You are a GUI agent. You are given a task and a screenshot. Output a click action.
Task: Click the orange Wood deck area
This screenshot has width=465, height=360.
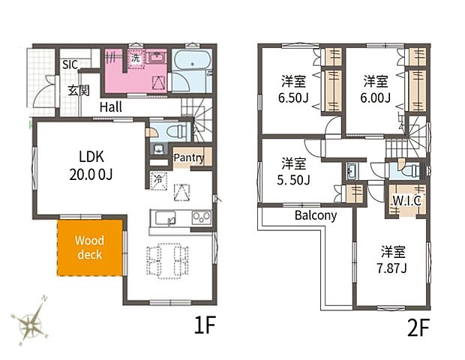coord(89,247)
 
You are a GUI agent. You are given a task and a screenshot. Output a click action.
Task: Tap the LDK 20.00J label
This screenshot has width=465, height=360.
coord(91,166)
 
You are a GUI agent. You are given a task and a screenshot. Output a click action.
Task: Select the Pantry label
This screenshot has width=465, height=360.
coord(189,157)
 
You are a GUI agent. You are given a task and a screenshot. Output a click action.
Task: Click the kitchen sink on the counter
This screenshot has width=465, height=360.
coord(166,218)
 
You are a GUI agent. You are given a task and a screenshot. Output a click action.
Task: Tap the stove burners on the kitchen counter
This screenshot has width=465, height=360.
coord(202,218)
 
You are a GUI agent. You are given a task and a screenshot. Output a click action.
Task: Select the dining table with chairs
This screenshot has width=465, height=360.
coord(167,261)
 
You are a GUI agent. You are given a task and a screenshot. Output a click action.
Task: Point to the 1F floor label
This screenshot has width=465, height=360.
coord(204,325)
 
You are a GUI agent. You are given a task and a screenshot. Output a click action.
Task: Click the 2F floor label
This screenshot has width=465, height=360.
coord(418,328)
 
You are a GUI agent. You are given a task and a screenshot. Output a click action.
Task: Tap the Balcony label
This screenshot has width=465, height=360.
coord(316,215)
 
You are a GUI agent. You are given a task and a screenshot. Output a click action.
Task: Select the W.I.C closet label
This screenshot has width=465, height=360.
coord(406,201)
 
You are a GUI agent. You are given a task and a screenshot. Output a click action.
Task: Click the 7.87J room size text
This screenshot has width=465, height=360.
coord(391,268)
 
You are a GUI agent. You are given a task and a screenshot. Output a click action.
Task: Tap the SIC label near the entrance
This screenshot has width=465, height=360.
coord(70,64)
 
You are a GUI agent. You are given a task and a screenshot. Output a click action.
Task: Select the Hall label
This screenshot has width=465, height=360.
coord(111,107)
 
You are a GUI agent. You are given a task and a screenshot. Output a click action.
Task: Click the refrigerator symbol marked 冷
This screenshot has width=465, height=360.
coord(159,180)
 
